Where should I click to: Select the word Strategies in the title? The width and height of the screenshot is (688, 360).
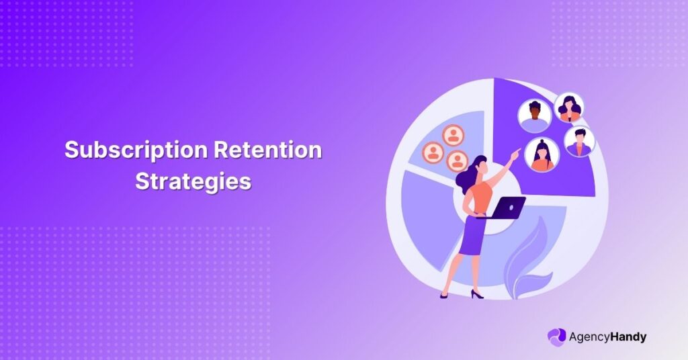(193, 181)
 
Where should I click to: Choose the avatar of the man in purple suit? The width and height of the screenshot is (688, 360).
(578, 142)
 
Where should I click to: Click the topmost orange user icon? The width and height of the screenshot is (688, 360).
(454, 136)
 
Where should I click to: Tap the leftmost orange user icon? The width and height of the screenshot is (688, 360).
(433, 152)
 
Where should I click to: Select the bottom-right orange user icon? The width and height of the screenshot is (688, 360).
(458, 161)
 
